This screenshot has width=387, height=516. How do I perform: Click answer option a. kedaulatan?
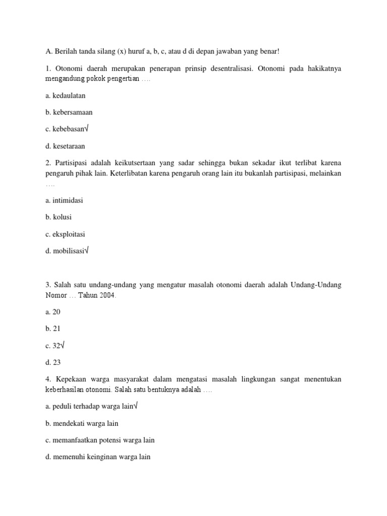pos(65,95)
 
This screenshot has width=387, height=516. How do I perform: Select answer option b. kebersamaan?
pos(69,112)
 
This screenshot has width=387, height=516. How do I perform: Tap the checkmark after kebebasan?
pos(86,128)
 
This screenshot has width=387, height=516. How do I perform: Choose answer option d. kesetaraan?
pos(65,146)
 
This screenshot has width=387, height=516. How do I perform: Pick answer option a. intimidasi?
pos(64,200)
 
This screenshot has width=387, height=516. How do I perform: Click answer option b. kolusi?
pos(58,217)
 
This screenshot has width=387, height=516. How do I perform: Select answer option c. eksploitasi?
pos(65,234)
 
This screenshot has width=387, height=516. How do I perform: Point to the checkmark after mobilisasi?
pos(86,251)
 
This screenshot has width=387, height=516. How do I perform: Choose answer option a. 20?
pos(53,312)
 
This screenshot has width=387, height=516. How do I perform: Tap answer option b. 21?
pos(53,329)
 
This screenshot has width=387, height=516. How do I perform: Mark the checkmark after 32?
pos(62,345)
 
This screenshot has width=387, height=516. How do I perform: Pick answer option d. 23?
pos(53,362)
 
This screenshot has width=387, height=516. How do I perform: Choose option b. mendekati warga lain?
pos(82,423)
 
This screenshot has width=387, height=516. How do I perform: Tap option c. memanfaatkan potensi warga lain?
pos(100,440)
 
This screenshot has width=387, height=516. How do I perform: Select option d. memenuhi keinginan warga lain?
pos(98,457)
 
